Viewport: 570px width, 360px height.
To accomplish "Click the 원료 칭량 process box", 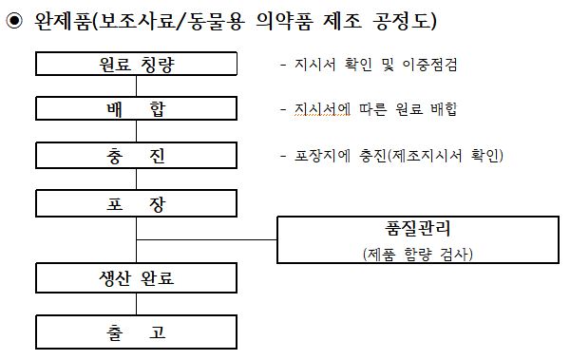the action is tap(137, 65).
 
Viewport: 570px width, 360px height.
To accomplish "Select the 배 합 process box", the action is tap(137, 109).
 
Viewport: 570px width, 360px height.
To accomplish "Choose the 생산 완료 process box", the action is tap(137, 278).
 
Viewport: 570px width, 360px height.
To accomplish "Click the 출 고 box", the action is tap(137, 332).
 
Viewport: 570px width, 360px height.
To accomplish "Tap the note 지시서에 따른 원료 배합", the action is tap(369, 109).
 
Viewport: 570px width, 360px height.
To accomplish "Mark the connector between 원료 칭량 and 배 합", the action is tap(137, 85).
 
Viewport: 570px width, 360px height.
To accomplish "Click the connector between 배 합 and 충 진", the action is tap(137, 132).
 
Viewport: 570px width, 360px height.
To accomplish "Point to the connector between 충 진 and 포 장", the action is tap(137, 179).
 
